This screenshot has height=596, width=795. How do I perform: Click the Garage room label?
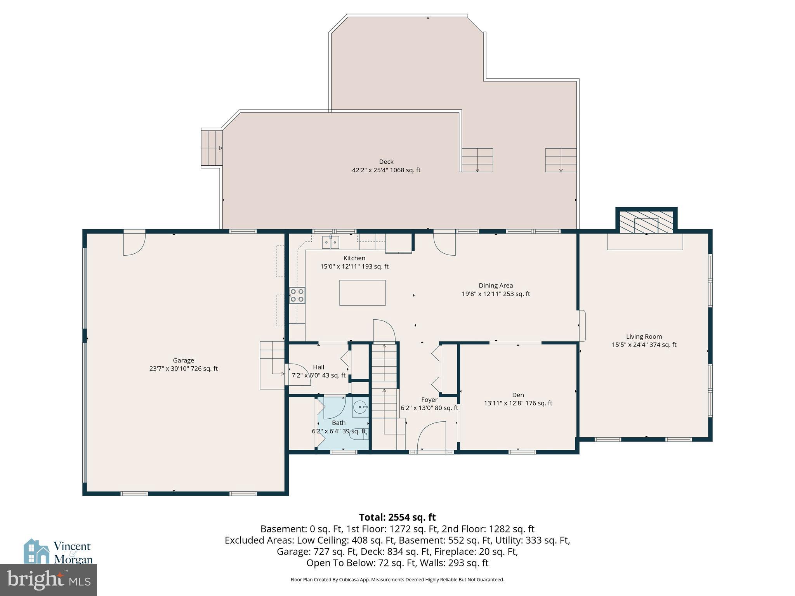pos(183,360)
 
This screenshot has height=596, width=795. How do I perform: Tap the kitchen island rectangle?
pos(362,293)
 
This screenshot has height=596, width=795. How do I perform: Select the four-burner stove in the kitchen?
pos(297,295)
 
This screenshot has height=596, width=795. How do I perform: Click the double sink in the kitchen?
pos(330,242)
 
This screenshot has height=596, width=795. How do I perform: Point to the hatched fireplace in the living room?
pos(646,223)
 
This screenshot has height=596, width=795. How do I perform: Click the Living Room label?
pos(644,337)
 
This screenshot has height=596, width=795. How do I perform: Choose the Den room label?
pos(517,395)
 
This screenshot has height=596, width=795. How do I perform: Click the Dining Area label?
pos(495,286)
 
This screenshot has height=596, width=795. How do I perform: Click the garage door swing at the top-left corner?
pos(134,244)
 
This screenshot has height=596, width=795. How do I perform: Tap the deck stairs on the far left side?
pos(211,148)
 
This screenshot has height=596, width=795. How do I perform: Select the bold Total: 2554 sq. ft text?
pos(397,517)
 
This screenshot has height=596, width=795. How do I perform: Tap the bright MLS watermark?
pos(48,580)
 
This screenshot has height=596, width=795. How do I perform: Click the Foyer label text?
pos(429,400)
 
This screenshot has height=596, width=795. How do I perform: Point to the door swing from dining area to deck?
pos(444,244)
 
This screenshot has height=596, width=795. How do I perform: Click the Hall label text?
pos(318,367)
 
